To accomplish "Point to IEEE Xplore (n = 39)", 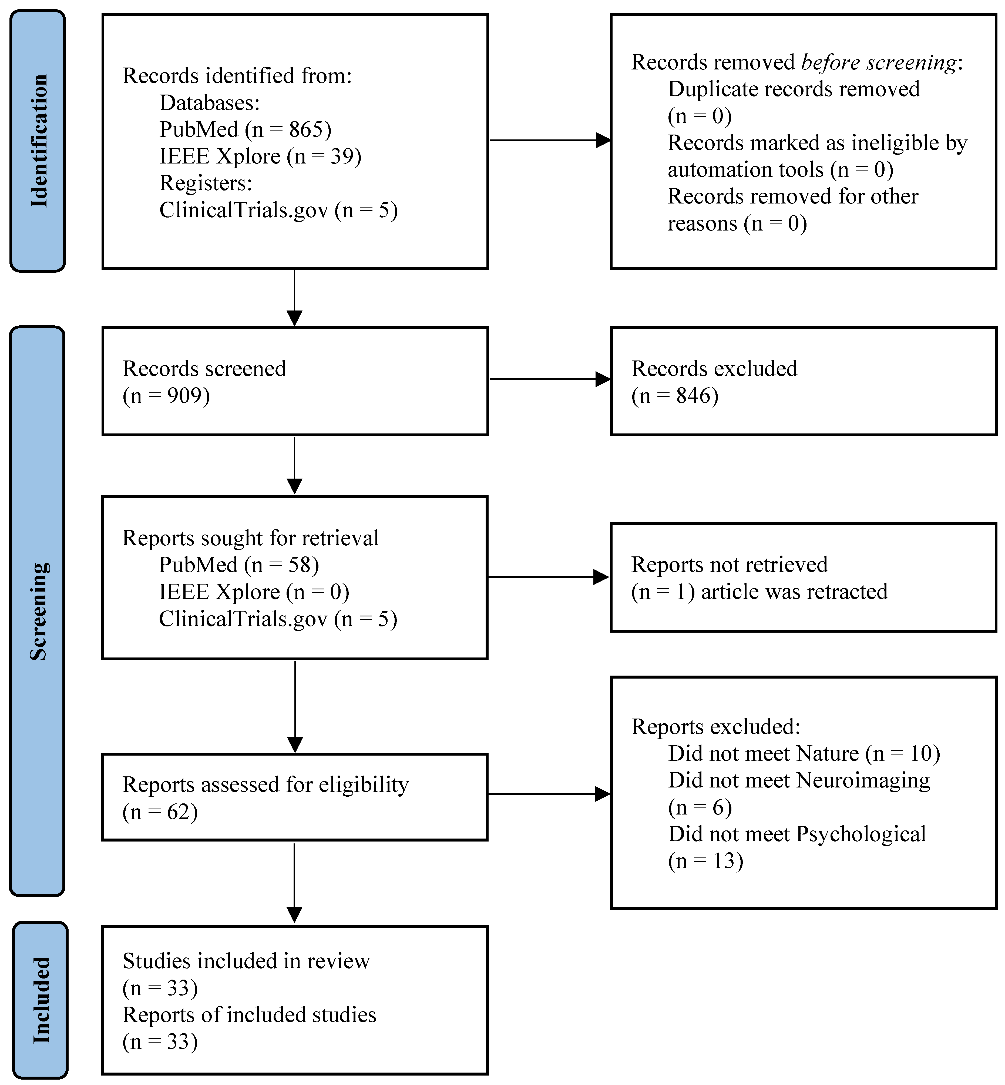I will pos(260,156).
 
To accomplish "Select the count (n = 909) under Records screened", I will pos(166,396).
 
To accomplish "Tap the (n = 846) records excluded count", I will pos(675,396).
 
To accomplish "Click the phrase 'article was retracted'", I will pos(794,592).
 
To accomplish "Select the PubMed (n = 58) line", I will pos(239,565).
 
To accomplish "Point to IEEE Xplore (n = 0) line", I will pos(254,592).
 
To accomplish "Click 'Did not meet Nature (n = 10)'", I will pos(804,754).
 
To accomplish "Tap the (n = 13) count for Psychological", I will pos(705,861).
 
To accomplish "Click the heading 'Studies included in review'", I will pos(246,961).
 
